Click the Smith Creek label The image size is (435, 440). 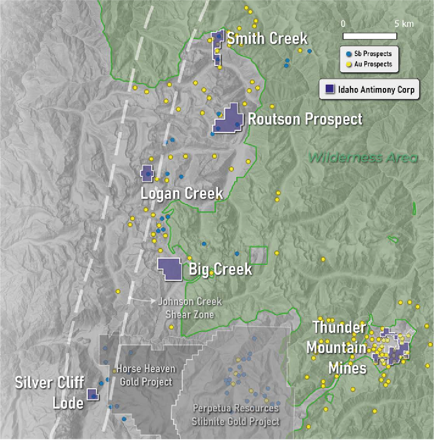pos(267,39)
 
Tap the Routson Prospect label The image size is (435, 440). pos(305,119)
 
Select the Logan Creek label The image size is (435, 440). pos(182,194)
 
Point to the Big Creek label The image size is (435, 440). pos(220,269)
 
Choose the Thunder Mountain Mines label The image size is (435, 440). pos(337,348)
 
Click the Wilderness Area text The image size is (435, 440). pos(363,158)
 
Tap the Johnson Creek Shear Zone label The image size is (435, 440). pos(189,308)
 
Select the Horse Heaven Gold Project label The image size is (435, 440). pos(145,375)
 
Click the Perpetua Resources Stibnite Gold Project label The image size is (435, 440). pos(236,414)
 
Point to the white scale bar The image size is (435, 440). pos(370,36)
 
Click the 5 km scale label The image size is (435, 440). pos(404,24)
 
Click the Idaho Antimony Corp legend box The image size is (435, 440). pos(369,89)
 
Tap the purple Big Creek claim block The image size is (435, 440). pos(170,269)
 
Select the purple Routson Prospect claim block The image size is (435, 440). pos(228,120)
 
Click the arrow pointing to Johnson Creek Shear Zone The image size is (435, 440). pos(142,301)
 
